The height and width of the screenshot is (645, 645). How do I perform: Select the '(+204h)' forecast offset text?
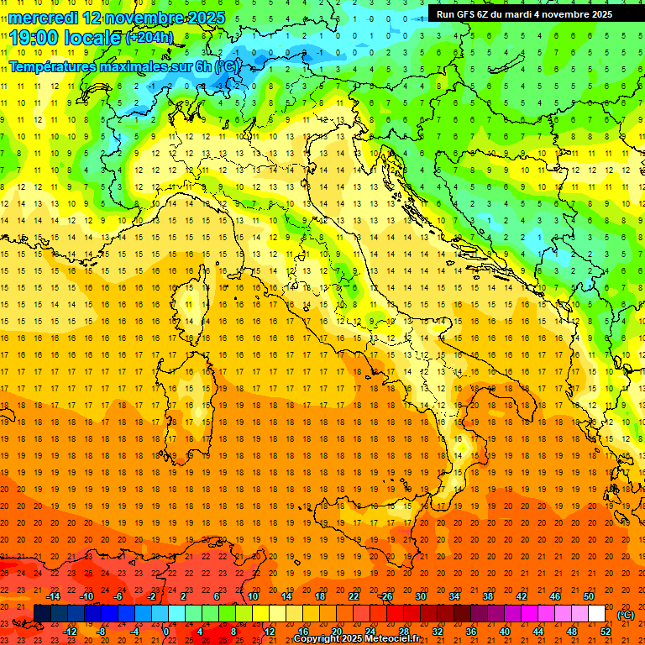149,38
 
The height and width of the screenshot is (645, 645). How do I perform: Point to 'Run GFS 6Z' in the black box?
464,14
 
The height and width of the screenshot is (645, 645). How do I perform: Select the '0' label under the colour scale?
166,632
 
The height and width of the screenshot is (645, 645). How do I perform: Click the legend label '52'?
606,632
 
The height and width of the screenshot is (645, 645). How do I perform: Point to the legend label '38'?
487,595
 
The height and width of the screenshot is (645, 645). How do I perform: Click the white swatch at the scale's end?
596,613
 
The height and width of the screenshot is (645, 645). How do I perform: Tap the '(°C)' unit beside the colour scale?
626,614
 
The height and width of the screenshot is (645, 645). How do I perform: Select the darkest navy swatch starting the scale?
42,613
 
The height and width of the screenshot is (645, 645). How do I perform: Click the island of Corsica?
191,311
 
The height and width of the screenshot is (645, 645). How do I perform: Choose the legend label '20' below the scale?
336,632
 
